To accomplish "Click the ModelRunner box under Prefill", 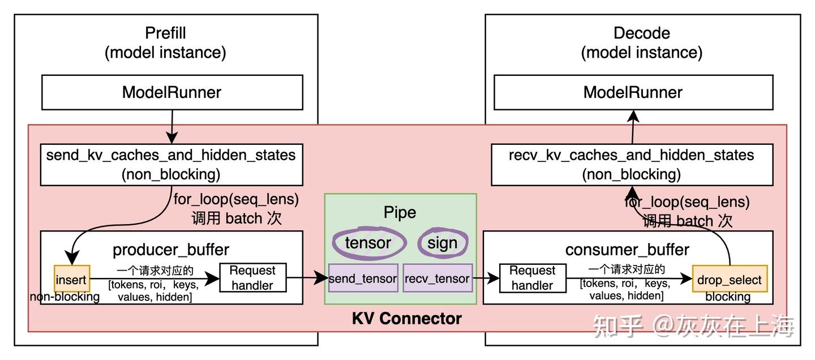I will click(171, 92).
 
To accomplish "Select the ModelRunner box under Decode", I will click(633, 92).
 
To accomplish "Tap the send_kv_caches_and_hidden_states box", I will click(171, 164).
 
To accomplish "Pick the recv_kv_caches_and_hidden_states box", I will click(632, 164).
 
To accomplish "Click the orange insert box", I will click(71, 279).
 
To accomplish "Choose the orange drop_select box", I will click(729, 279).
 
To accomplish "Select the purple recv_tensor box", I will click(437, 278).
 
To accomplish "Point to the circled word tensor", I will click(368, 243).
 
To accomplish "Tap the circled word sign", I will click(443, 243).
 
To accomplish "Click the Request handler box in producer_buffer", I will click(252, 277).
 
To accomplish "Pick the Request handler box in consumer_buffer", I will click(532, 278).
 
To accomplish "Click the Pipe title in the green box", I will click(400, 212).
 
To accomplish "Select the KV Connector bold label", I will click(406, 319).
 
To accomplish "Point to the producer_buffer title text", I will click(171, 250).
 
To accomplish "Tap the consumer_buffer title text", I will click(627, 250).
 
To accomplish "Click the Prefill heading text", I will click(165, 33).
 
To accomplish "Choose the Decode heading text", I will click(641, 33).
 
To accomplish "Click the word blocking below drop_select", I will click(728, 297).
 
